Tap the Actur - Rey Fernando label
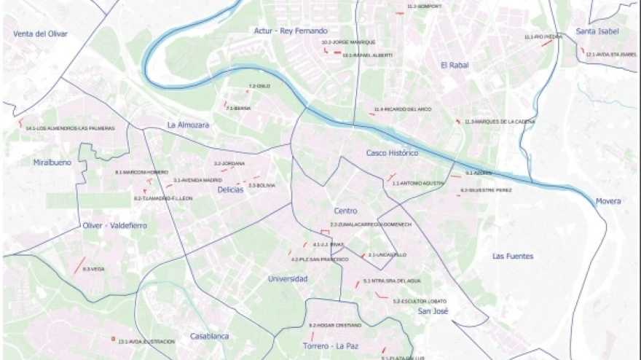click(291, 31)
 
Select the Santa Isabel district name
click(597, 31)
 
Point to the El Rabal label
click(455, 65)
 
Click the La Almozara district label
click(188, 125)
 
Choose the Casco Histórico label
click(392, 154)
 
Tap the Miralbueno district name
click(52, 163)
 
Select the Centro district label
click(345, 211)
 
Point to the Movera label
click(607, 201)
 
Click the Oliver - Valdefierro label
click(114, 226)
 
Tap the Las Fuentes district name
click(513, 256)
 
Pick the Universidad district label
click(288, 278)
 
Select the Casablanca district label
click(209, 336)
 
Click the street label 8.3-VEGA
click(93, 270)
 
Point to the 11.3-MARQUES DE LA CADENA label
click(500, 122)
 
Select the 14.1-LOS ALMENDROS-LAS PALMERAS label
click(70, 128)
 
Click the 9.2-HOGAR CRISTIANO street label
click(335, 325)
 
